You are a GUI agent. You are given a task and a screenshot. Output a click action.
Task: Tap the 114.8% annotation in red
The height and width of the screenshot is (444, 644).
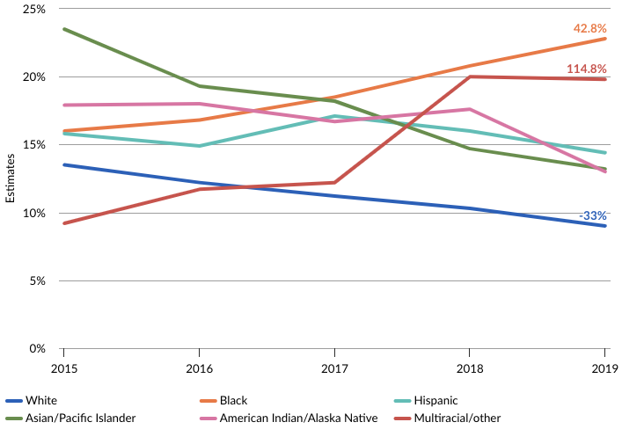click(588, 69)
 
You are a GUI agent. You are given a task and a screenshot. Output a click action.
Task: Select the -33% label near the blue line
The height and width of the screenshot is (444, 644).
click(592, 215)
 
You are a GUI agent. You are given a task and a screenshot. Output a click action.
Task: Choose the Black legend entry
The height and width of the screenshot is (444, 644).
click(233, 400)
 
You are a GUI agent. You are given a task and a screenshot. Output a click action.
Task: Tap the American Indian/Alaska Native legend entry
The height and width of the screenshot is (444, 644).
click(298, 418)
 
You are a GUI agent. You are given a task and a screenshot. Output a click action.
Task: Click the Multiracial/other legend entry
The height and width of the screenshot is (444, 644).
click(457, 418)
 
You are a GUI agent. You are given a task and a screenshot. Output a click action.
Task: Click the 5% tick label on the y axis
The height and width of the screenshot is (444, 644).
click(36, 280)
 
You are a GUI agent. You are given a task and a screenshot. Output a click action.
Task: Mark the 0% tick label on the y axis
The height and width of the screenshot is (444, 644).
click(36, 348)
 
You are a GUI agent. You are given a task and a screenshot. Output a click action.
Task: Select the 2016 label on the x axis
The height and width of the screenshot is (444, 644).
click(199, 368)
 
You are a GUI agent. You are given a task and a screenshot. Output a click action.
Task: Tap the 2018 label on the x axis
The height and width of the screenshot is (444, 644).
click(469, 368)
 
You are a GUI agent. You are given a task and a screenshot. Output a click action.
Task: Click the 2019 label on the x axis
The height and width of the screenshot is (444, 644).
click(604, 368)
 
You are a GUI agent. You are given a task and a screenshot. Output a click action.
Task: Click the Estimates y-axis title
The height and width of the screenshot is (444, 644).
click(11, 178)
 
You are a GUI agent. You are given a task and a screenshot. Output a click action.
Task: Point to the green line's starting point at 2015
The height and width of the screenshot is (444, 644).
click(63, 29)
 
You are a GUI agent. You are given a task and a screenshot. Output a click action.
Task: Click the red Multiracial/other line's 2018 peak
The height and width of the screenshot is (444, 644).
click(469, 76)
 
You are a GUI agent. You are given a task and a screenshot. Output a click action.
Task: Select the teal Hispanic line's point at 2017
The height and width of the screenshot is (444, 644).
click(334, 116)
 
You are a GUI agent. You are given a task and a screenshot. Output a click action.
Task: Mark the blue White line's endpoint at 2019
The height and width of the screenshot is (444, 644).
click(604, 226)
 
